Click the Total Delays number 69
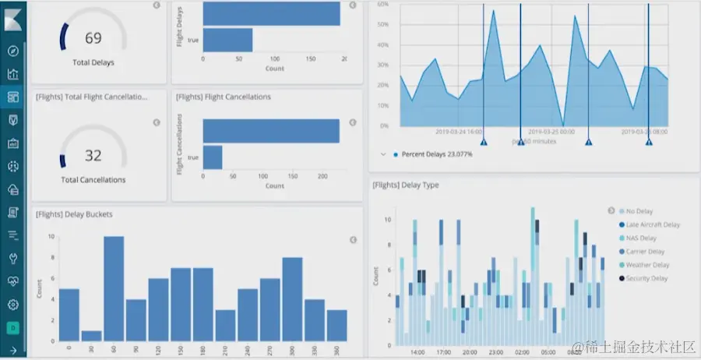(x=93, y=38)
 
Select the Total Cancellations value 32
(x=93, y=156)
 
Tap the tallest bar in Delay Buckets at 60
(x=114, y=288)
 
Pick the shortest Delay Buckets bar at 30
(x=91, y=335)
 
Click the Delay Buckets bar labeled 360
(x=336, y=324)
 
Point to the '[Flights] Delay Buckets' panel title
(x=73, y=214)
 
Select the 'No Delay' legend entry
(x=639, y=211)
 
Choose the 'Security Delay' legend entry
(x=646, y=278)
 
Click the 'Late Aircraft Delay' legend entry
(x=653, y=224)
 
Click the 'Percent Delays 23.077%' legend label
(x=438, y=154)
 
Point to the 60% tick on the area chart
(x=383, y=4)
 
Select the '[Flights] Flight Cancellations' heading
(x=223, y=97)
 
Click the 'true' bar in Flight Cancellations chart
(x=212, y=157)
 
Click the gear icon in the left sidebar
(x=12, y=305)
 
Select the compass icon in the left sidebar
(x=12, y=51)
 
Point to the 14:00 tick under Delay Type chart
(x=417, y=351)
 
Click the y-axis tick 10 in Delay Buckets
(x=51, y=236)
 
